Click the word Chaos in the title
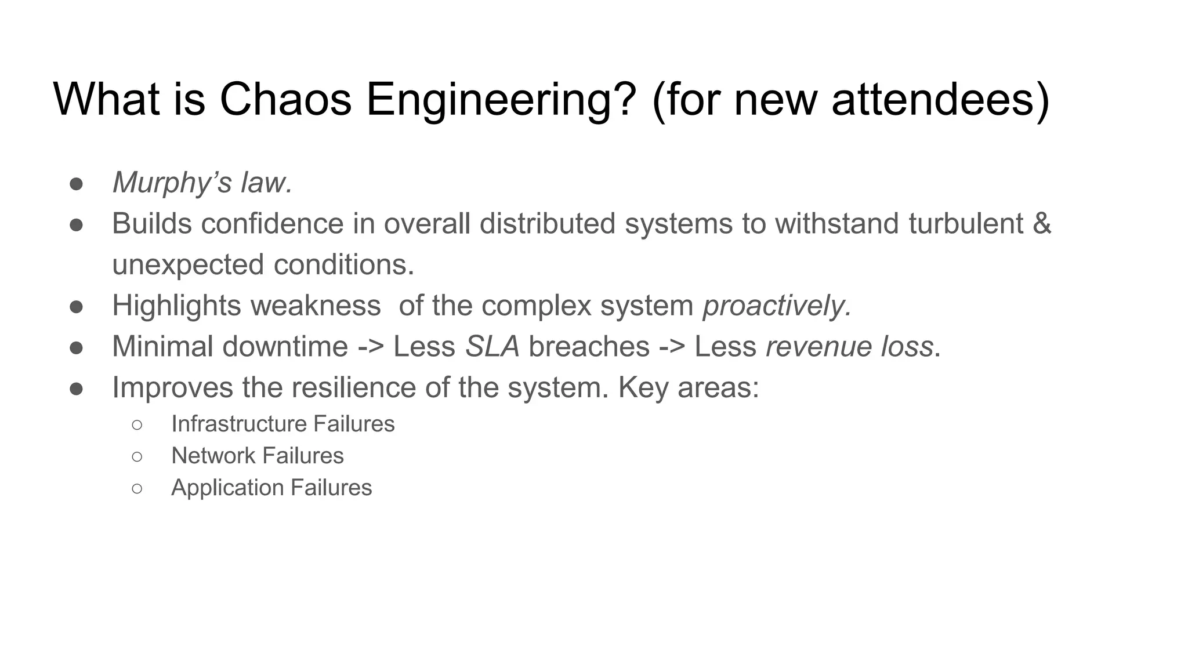coord(285,99)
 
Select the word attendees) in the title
coord(940,99)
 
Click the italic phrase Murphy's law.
coord(202,183)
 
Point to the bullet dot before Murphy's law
coord(76,184)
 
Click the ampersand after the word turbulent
coord(1042,224)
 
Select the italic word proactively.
coord(777,306)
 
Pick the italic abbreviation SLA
coord(492,347)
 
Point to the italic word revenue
coord(818,347)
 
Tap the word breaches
coord(589,347)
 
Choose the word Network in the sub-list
coord(213,456)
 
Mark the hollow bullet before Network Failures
coord(137,456)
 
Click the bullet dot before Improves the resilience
coord(76,389)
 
